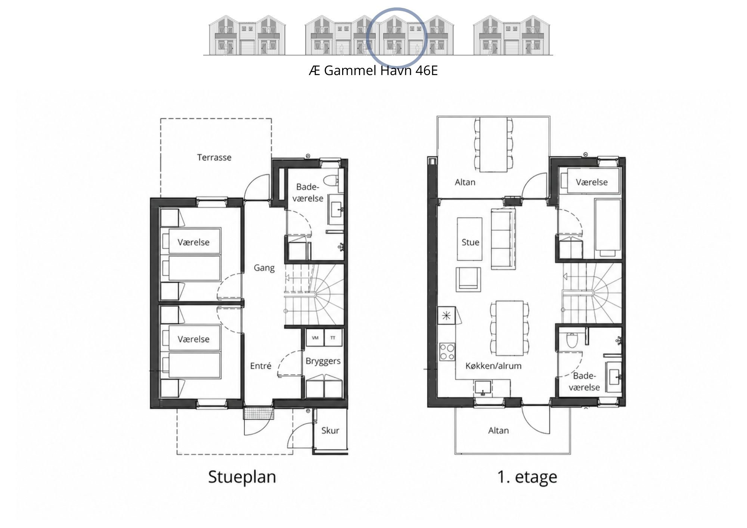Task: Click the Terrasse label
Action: click(214, 157)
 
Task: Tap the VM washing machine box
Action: click(315, 338)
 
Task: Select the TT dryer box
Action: click(333, 338)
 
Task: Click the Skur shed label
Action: click(330, 430)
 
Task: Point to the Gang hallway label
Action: click(264, 268)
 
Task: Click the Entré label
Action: click(260, 366)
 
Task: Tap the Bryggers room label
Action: click(323, 361)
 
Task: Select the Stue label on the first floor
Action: click(470, 242)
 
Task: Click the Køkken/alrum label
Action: click(493, 366)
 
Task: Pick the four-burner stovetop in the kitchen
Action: click(447, 352)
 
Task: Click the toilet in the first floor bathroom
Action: click(572, 340)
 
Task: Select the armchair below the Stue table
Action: click(468, 279)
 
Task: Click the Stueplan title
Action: click(242, 477)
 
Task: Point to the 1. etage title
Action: click(527, 477)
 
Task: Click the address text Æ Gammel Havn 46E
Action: click(373, 70)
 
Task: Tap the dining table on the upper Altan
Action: click(493, 145)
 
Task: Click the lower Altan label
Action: click(498, 430)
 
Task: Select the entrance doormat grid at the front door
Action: click(259, 413)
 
